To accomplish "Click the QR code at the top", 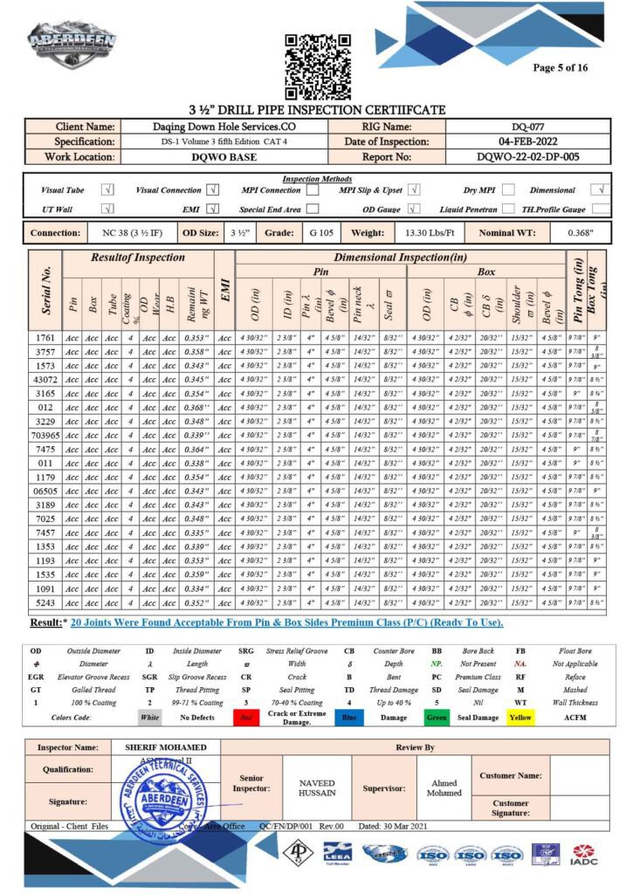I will coord(318,66).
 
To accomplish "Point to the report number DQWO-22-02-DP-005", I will coord(528,156).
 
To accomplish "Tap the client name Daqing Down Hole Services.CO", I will coord(224,126).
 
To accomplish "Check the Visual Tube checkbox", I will coord(107,189).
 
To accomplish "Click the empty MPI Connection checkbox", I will coord(312,189).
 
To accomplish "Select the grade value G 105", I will coord(318,233).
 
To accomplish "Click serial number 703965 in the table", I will coord(45,435).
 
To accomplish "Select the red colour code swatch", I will coord(247,716).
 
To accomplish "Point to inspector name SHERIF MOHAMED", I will coord(166,747).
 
